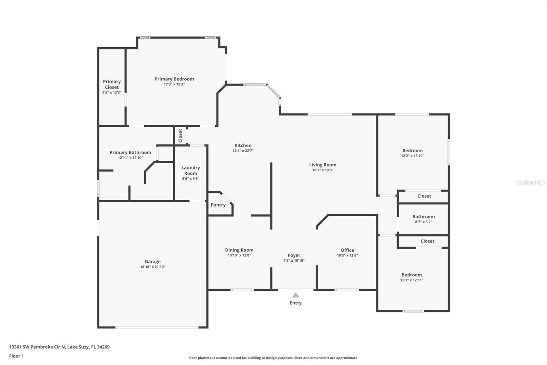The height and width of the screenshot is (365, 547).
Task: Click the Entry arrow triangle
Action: coord(296,295)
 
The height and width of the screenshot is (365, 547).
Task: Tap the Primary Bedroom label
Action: coord(174,79)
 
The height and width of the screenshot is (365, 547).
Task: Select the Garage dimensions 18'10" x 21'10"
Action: coord(152,267)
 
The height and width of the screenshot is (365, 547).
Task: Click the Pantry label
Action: coord(218,205)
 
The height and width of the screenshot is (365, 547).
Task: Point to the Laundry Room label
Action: coord(190,171)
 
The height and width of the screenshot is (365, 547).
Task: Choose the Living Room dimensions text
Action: coord(322,170)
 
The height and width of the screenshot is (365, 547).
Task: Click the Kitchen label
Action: coord(243,146)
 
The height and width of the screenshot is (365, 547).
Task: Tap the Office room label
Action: coord(347,250)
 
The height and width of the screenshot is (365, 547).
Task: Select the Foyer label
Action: coord(294,255)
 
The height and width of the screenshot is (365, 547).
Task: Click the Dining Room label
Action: coord(239,250)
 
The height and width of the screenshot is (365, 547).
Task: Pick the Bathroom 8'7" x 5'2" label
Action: coord(423,217)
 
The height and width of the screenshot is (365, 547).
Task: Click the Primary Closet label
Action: coord(112,84)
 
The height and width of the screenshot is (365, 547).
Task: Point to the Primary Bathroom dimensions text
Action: coord(130,158)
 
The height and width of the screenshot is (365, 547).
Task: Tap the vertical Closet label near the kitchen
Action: coord(180,136)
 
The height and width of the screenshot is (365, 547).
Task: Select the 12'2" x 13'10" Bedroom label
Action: coord(412,151)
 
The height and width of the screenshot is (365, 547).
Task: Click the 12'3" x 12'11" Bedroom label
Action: coord(412,275)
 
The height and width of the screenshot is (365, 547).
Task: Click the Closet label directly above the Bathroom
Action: coord(424,196)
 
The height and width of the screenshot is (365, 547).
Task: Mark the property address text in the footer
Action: coord(59,347)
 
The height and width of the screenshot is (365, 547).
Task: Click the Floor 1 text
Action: coord(16,356)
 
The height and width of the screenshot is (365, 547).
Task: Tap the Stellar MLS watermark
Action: coord(531,182)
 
